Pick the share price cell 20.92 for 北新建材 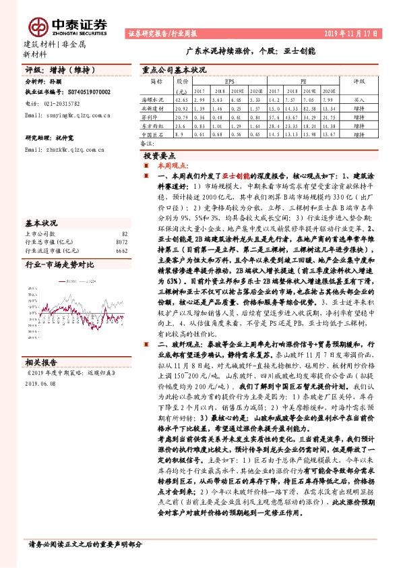pos(181,107)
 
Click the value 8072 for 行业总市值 pos(121,242)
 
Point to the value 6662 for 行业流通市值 pos(121,250)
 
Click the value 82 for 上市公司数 pos(124,233)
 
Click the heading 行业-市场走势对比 pos(60,264)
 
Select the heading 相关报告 pos(40,362)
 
